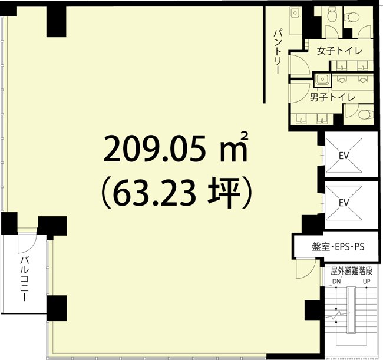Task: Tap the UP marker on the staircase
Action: tap(366, 282)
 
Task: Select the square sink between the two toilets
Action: tap(322, 79)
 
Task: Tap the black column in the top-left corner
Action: tap(57, 21)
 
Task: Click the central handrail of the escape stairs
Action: tap(351, 318)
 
